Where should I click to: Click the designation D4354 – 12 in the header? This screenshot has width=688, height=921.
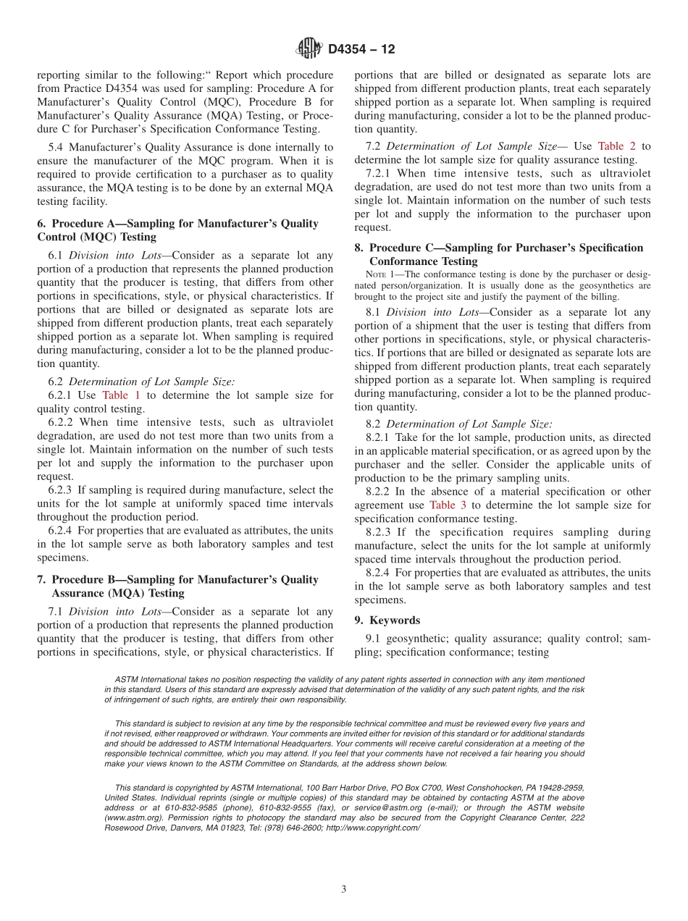(361, 50)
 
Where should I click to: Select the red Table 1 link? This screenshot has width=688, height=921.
(121, 395)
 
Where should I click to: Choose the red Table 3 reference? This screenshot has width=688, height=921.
(448, 505)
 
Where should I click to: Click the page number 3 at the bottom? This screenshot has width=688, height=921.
(344, 889)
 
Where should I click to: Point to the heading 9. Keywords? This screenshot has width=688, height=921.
(387, 621)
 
